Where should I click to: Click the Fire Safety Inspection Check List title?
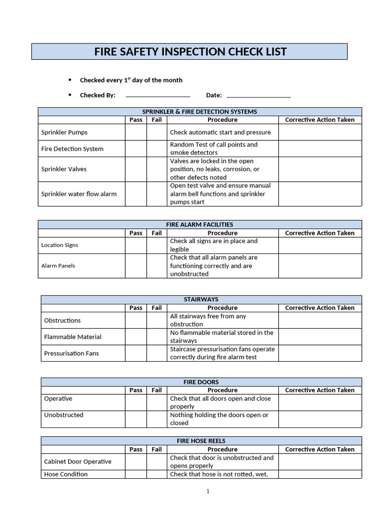[x=190, y=52]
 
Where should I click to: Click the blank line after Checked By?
[x=158, y=95]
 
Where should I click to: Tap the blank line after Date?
[x=259, y=95]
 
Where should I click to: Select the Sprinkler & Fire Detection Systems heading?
[x=199, y=112]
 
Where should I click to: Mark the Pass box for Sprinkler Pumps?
[x=136, y=132]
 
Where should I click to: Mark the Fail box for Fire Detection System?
[x=156, y=149]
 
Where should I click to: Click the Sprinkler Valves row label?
[x=64, y=169]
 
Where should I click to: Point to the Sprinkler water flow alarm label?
[x=79, y=194]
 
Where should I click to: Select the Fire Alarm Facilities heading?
[x=199, y=224]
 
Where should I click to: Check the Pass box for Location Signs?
[x=136, y=246]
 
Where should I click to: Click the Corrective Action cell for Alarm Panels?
[x=320, y=266]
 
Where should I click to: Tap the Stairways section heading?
[x=201, y=299]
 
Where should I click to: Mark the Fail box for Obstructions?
[x=156, y=320]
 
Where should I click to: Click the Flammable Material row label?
[x=73, y=337]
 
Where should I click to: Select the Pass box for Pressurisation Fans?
[x=136, y=353]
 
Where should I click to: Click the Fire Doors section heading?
[x=201, y=382]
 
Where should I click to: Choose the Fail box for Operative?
[x=156, y=402]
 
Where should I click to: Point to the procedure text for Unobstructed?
[x=219, y=419]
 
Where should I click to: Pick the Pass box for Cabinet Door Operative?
[x=136, y=462]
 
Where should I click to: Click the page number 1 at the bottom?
[x=208, y=491]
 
